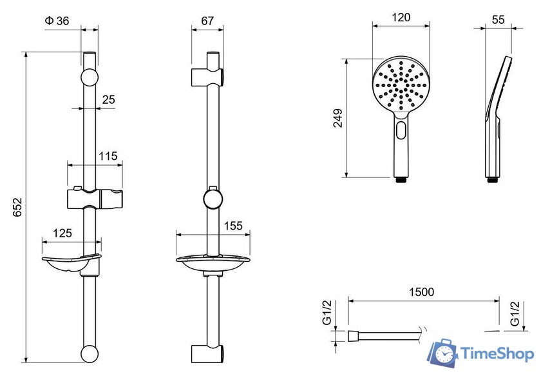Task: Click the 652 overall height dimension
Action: [17, 207]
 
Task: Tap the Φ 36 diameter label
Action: [57, 21]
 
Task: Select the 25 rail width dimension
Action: [108, 99]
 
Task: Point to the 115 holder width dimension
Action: [108, 156]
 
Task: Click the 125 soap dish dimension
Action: [62, 233]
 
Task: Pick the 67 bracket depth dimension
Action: [207, 21]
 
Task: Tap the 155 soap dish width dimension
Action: [233, 226]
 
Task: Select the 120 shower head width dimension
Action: [401, 17]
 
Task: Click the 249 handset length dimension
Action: [338, 118]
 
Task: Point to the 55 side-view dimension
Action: [498, 20]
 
